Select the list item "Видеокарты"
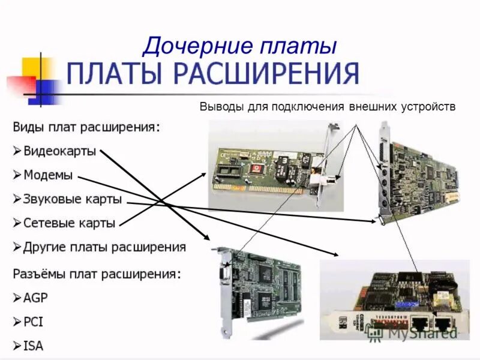59,151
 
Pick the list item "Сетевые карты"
69,223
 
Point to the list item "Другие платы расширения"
104,247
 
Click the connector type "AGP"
36,298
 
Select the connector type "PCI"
33,322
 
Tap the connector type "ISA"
33,346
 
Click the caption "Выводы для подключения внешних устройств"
328,107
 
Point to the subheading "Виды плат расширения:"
86,127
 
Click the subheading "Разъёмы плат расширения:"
96,274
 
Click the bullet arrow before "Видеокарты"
17,151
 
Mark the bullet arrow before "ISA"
17,346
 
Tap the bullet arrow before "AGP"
17,298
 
